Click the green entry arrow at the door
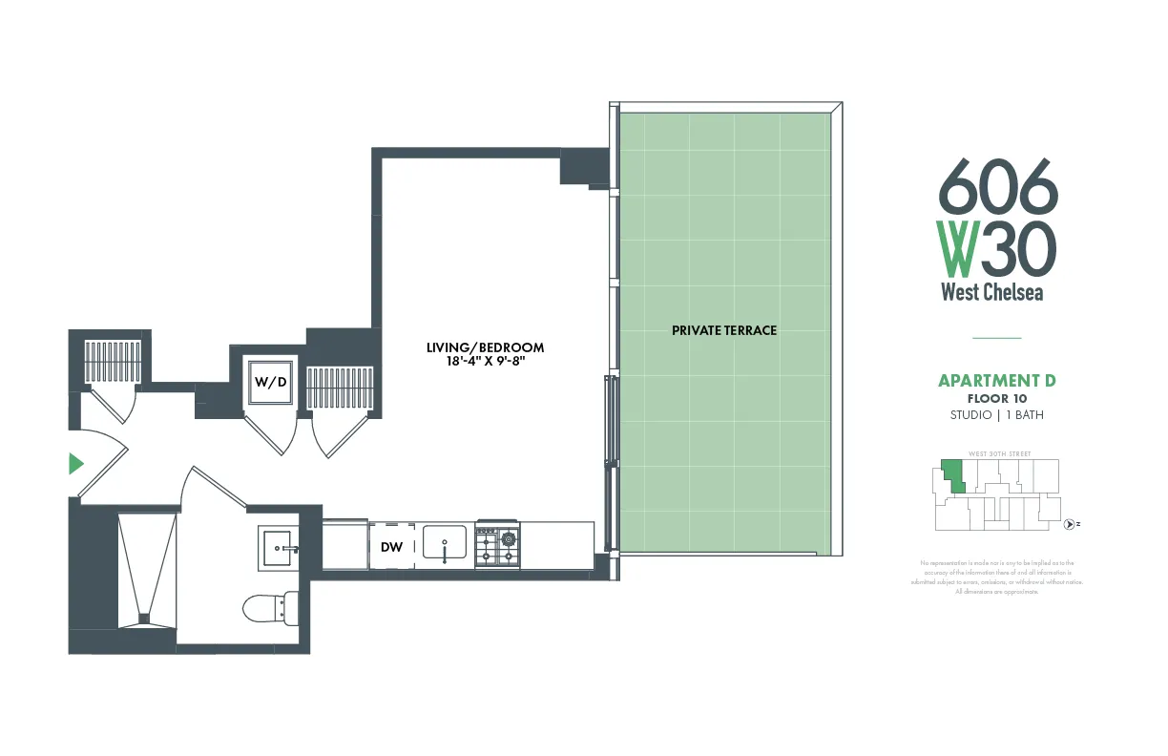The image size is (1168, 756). [x=76, y=465]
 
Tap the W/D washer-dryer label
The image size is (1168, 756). [x=270, y=382]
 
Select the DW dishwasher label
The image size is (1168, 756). [x=391, y=547]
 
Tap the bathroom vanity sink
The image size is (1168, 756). [x=281, y=550]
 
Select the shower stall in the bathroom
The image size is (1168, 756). [x=147, y=571]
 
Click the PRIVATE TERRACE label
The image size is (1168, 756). [x=724, y=330]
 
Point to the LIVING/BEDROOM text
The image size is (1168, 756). [x=485, y=347]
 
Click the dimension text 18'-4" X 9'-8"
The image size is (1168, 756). [x=485, y=362]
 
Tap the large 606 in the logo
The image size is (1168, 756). [x=998, y=186]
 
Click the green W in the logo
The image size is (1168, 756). [x=957, y=247]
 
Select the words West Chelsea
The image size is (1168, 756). [x=992, y=292]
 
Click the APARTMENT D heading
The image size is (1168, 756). [x=996, y=381]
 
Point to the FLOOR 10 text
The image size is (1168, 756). [x=996, y=398]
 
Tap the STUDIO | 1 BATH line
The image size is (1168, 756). [x=996, y=415]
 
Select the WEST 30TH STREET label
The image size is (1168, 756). [x=999, y=453]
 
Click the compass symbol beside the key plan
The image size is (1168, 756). [x=1071, y=524]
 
